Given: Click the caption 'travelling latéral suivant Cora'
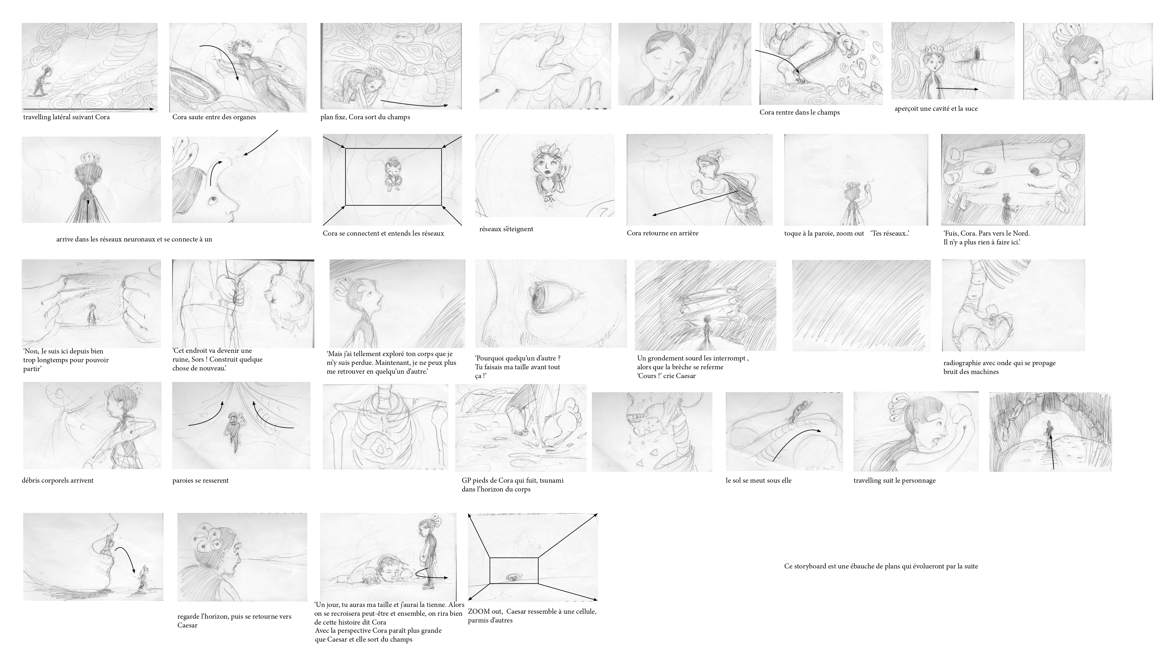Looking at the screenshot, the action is [67, 117].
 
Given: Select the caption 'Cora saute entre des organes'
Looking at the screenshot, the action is [214, 117].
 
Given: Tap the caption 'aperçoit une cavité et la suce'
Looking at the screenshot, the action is [936, 109].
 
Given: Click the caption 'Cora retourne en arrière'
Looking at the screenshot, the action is [662, 233].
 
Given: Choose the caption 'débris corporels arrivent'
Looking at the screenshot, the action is [58, 480].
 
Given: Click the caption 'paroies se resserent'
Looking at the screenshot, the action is [201, 480].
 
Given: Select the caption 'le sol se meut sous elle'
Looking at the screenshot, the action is [758, 480].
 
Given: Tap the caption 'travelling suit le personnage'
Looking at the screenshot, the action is [894, 480].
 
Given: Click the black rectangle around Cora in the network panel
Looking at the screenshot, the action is [393, 148].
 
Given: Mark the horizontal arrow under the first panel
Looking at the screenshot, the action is [89, 110].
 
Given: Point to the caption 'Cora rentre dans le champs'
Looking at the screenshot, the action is [800, 112].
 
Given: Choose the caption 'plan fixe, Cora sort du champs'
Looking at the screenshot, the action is [365, 117].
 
